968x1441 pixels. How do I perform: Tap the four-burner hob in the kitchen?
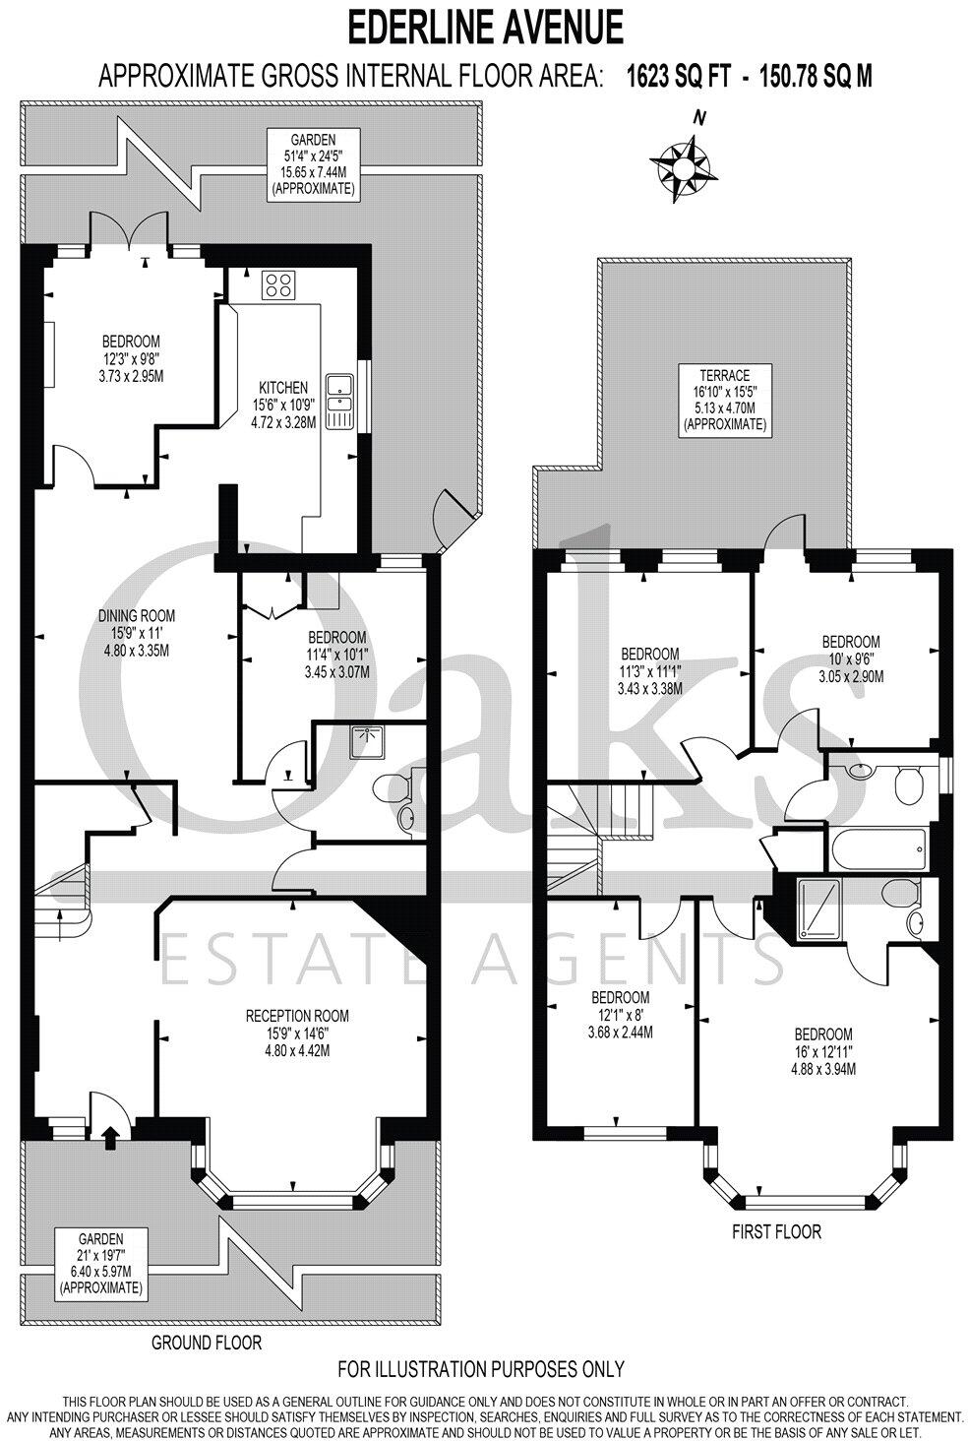pyautogui.click(x=276, y=285)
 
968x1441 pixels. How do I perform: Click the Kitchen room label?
pyautogui.click(x=283, y=405)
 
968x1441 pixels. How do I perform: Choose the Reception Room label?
pyautogui.click(x=296, y=1032)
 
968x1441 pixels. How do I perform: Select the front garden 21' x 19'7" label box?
pyautogui.click(x=101, y=1263)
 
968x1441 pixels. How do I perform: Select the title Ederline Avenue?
pyautogui.click(x=485, y=27)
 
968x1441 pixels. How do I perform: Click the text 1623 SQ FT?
pyautogui.click(x=678, y=76)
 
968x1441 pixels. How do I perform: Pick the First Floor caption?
pyautogui.click(x=776, y=1230)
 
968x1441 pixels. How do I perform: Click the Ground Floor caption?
pyautogui.click(x=206, y=1342)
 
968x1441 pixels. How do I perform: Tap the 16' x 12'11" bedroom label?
pyautogui.click(x=822, y=1051)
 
